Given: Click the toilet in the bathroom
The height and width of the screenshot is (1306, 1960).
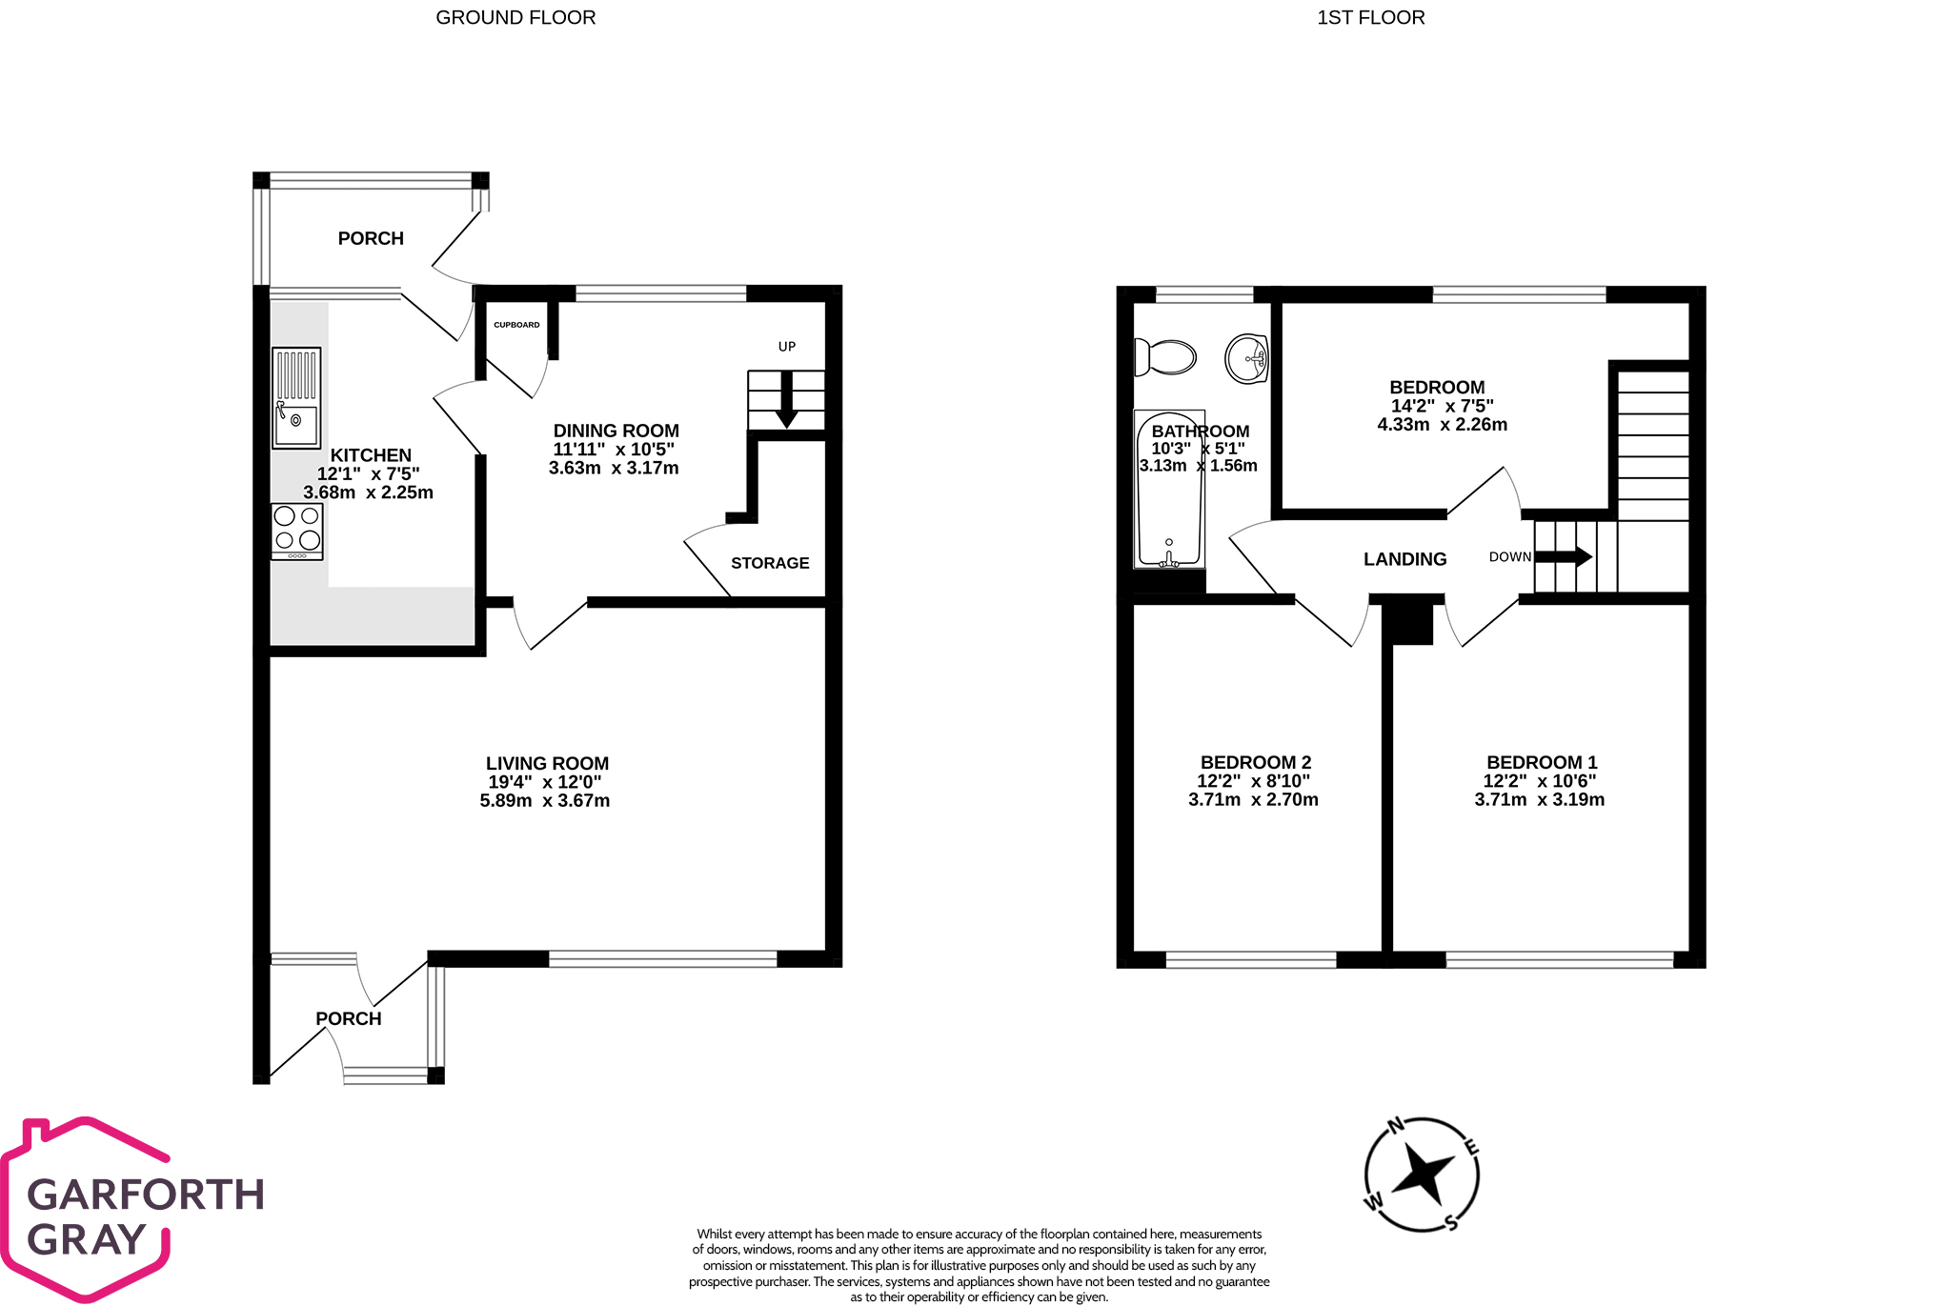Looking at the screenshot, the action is coord(1164,358).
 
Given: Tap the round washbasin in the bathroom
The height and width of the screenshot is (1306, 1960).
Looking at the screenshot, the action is coord(1246,358).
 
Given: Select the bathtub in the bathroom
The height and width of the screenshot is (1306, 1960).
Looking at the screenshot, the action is coord(1169,490).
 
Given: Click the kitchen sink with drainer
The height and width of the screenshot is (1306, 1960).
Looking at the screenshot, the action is coord(296,397).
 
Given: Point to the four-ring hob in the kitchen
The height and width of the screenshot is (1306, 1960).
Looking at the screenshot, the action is coord(297,531).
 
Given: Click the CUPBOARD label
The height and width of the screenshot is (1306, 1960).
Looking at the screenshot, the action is coord(516,325).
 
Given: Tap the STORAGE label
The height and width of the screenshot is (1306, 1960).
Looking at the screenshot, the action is coord(770,563).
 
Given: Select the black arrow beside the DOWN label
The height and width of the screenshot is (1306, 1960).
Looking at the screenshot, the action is coord(1564,556).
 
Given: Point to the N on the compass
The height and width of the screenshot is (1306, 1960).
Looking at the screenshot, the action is coord(1396,1126).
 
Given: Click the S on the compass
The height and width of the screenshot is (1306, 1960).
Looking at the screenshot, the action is coord(1451,1222).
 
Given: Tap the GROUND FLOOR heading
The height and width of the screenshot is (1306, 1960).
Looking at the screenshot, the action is coord(515,17).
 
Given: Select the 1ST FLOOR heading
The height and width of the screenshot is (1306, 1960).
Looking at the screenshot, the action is coord(1371,17).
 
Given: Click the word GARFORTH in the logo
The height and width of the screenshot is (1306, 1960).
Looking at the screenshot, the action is coord(146,1195).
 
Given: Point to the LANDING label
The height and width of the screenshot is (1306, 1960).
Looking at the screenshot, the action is coord(1404,559).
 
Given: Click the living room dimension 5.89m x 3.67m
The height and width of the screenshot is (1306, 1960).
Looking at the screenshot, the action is coord(545,801).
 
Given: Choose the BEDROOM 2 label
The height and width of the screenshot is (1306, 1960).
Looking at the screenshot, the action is coord(1256,762).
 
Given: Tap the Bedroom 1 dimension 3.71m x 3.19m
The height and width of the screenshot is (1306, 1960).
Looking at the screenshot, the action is coord(1540,799).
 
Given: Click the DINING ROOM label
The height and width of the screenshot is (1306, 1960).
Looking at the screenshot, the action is coord(616,431).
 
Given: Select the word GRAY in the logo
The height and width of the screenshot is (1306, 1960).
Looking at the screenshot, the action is coord(87,1239).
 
